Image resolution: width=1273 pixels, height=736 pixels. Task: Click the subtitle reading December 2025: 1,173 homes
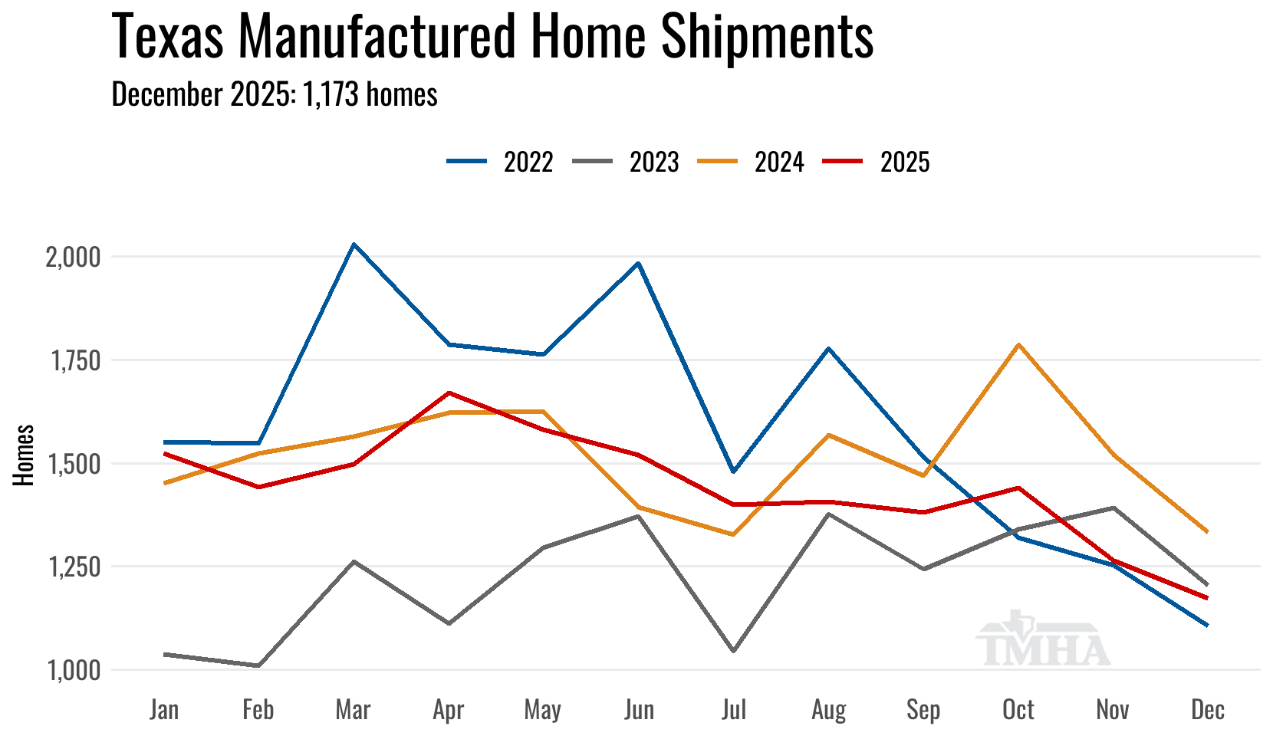point(275,94)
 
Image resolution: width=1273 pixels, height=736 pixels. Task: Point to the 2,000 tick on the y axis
point(74,258)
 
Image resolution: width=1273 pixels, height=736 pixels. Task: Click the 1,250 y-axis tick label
point(74,567)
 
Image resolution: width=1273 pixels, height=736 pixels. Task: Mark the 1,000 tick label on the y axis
point(74,671)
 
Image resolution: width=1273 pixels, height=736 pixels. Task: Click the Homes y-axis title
point(24,455)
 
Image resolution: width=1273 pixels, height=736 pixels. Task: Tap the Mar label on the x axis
point(353,710)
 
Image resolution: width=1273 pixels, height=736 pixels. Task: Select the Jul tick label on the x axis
point(733,710)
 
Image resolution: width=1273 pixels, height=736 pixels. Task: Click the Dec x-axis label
point(1208,710)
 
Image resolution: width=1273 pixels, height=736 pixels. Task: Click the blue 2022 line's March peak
point(353,245)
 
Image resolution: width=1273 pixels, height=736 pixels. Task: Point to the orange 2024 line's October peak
point(1018,344)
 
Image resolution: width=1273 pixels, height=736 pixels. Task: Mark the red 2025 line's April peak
point(449,393)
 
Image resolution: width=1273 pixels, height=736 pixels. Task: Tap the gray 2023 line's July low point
point(734,651)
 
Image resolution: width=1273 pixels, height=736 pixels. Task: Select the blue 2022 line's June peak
point(638,263)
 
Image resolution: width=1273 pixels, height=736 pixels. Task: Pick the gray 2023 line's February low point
point(258,665)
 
